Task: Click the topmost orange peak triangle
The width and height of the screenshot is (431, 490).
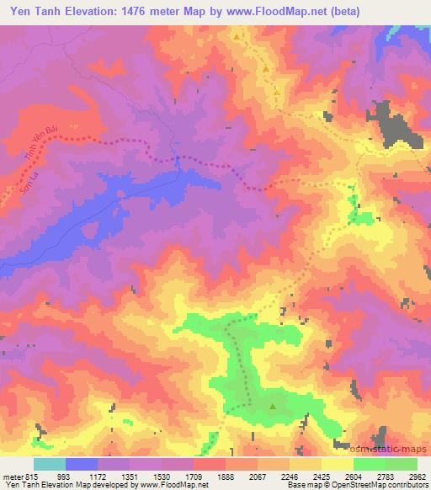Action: click(237, 37)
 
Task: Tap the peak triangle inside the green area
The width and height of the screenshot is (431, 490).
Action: click(272, 407)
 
